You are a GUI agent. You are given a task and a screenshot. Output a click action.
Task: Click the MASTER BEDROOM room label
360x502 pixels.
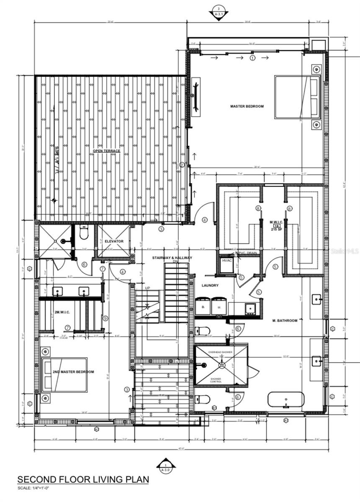[247, 106]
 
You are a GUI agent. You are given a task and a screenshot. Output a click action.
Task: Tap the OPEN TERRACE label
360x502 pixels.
[106, 151]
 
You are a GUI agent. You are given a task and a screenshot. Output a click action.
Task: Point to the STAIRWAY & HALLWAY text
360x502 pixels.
[172, 258]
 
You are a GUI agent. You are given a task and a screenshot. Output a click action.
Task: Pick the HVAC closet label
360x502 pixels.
[226, 261]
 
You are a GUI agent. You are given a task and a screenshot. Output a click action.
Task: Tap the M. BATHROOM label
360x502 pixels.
[284, 320]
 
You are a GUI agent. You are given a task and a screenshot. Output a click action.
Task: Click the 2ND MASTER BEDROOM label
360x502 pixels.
[73, 371]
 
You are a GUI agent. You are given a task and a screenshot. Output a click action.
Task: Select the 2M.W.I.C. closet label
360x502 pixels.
[62, 312]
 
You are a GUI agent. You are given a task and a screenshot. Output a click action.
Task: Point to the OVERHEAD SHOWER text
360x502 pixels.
[221, 352]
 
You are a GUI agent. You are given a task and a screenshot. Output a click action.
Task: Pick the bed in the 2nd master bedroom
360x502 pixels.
[64, 374]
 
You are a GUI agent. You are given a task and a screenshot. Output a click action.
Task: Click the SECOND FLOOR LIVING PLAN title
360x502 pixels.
[83, 479]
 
